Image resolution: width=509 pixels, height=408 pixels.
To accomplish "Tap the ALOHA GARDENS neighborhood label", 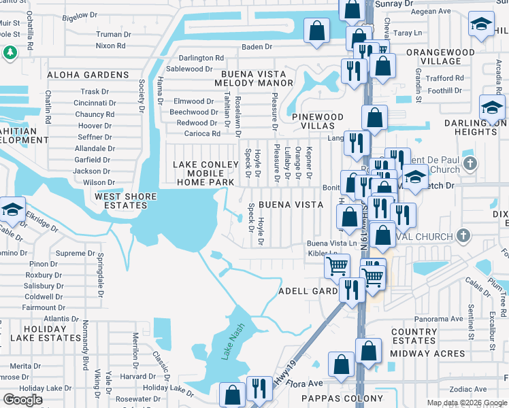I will [88, 75].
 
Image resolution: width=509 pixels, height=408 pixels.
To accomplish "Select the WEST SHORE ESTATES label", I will [125, 201].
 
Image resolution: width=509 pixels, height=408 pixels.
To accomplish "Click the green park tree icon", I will [10, 52].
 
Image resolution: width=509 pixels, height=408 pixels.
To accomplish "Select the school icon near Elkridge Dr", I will [12, 209].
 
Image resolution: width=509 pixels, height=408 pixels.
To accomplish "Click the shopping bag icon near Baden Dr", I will [317, 31].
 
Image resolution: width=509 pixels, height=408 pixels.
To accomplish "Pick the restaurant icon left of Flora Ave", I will [259, 388].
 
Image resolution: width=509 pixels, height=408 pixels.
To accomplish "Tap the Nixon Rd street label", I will [110, 46].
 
